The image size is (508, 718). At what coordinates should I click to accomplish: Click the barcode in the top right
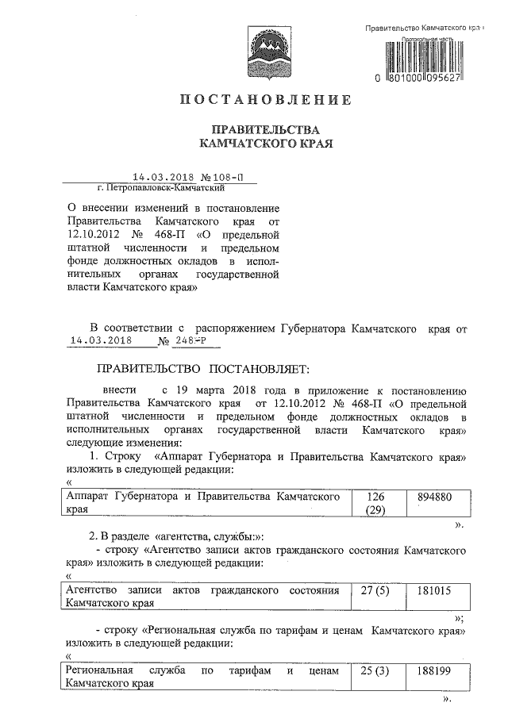(429, 56)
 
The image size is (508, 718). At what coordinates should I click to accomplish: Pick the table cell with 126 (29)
(375, 504)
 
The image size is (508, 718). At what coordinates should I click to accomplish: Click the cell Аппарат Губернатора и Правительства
(207, 504)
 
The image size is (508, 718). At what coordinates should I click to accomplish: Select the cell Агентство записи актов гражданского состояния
(207, 597)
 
